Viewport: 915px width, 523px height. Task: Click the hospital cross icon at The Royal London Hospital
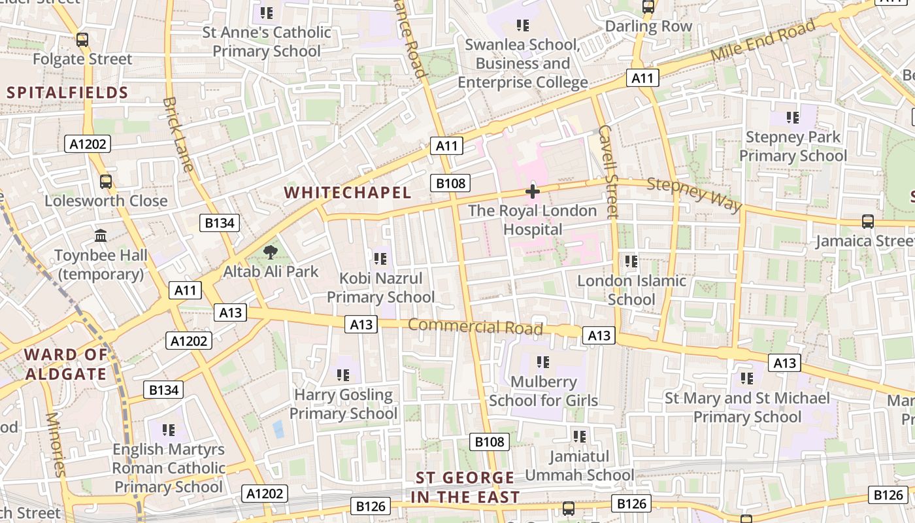(533, 192)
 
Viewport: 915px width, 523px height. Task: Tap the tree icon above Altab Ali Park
(269, 252)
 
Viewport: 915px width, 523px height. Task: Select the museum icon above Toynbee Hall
(101, 235)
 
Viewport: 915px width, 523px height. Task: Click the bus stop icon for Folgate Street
(82, 40)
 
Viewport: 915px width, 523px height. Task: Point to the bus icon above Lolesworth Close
(106, 181)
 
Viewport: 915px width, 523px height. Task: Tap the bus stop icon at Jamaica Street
(867, 222)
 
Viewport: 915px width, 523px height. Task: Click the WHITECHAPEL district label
(348, 192)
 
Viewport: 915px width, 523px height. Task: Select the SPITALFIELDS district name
(67, 92)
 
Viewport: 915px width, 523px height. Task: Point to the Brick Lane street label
(178, 135)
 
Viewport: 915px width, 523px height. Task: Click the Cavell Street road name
(608, 171)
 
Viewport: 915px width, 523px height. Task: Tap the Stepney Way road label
(694, 194)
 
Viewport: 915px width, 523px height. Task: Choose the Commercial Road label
(475, 326)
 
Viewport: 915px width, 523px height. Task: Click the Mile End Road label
(763, 41)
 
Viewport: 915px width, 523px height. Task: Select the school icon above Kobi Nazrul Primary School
(380, 259)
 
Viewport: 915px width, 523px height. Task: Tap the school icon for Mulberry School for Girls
(542, 362)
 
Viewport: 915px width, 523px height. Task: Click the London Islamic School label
(631, 290)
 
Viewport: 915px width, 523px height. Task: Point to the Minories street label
(56, 445)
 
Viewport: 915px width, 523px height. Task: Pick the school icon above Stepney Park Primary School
(793, 118)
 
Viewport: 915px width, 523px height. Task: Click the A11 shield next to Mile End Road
(642, 78)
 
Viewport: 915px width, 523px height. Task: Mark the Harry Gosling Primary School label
(343, 404)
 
